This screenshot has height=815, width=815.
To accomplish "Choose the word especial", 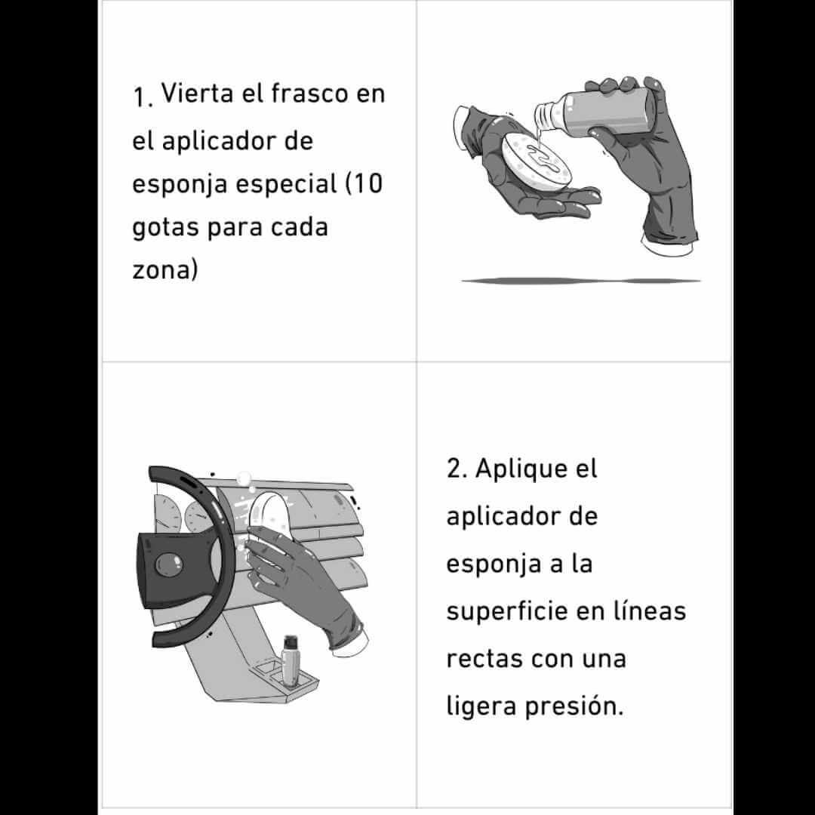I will tap(285, 184).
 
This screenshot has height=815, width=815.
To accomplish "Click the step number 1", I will tap(141, 97).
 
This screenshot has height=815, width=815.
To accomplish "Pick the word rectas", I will tap(484, 658).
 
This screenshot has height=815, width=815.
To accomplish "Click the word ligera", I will tap(481, 706).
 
